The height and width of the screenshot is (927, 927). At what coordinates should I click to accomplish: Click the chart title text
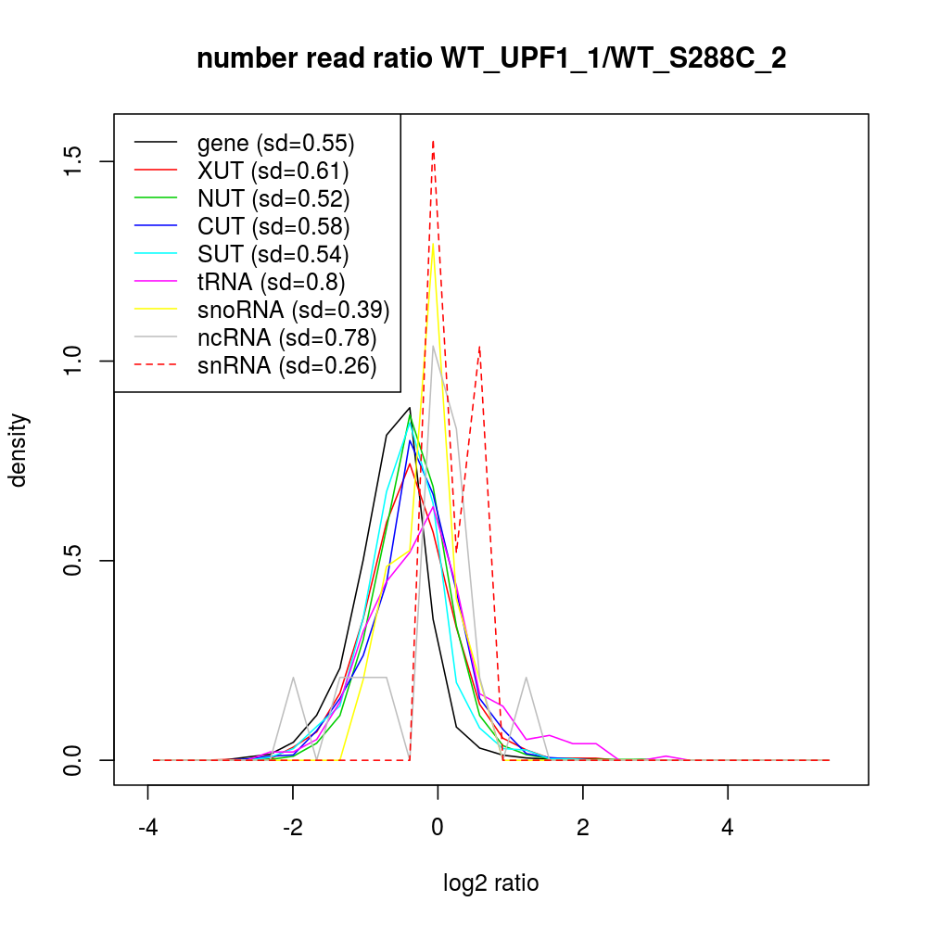pos(491,59)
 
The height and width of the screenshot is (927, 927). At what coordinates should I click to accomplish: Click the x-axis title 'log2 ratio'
pos(491,883)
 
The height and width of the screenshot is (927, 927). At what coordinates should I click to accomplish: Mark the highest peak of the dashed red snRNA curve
pos(433,141)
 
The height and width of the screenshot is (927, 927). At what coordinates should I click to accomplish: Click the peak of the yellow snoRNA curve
pos(433,246)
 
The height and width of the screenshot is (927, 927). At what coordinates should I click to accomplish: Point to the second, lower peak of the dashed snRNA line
pos(479,347)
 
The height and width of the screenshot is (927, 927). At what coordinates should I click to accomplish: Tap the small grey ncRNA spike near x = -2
pos(293,678)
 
